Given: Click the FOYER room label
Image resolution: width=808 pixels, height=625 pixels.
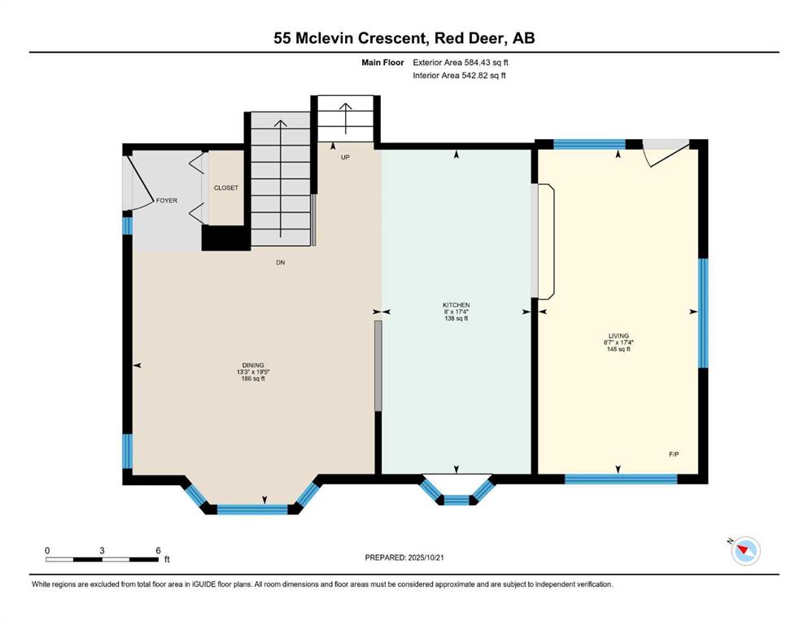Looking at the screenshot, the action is click(167, 200).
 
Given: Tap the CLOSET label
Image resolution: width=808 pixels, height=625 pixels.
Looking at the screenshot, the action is click(226, 188).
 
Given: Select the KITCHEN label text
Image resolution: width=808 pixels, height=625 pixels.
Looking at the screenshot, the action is click(456, 305).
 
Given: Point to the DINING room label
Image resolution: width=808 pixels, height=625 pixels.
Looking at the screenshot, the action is click(253, 365).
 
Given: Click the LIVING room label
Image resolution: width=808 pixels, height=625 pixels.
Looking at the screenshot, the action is click(618, 336).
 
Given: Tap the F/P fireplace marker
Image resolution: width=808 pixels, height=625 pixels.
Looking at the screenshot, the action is click(674, 454).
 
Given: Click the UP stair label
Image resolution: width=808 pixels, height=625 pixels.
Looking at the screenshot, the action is click(345, 157).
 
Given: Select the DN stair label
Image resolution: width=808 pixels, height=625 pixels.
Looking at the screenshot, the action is click(281, 263).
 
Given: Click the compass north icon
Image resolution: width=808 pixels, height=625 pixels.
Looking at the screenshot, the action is click(745, 550).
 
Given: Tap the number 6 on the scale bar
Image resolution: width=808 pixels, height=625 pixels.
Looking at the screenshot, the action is click(158, 550).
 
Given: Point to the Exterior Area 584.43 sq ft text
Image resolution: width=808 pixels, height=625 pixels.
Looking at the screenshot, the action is click(461, 63).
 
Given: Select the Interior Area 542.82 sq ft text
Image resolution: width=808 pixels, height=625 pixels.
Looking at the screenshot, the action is click(459, 75).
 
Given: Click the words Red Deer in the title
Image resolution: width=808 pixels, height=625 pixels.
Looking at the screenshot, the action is click(467, 38).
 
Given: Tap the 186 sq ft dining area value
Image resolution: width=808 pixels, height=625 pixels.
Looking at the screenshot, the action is click(253, 378).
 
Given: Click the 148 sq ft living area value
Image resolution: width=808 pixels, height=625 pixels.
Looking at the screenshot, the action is click(618, 349).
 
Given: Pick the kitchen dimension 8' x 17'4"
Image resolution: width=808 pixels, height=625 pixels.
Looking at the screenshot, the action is click(456, 312).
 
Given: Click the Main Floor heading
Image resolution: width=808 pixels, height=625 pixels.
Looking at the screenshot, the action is click(382, 63).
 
